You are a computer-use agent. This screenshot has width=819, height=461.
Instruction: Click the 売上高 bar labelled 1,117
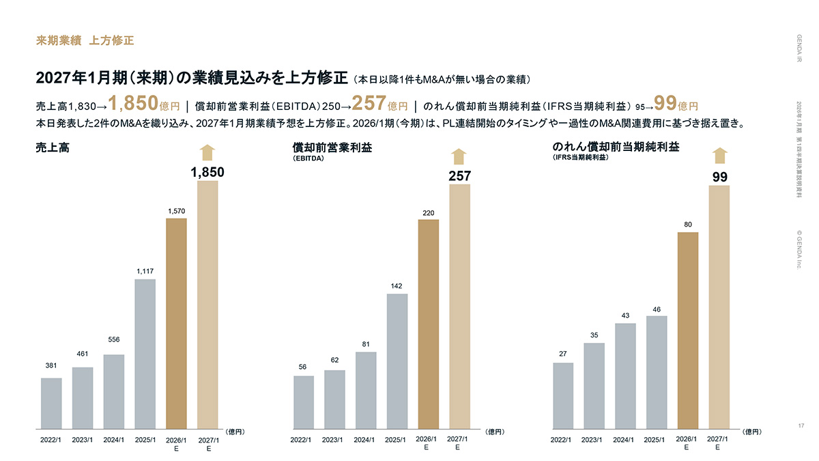coord(145,352)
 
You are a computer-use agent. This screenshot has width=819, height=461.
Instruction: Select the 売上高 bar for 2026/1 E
coord(176,322)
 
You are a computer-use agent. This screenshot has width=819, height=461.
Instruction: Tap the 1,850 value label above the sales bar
coord(207,173)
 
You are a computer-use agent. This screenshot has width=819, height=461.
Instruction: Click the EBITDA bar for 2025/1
coord(397,360)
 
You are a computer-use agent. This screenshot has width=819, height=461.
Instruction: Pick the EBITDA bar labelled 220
coord(429,322)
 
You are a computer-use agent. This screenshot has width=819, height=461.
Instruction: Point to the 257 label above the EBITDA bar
coord(459,176)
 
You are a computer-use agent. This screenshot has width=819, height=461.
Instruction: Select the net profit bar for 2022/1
coord(563,394)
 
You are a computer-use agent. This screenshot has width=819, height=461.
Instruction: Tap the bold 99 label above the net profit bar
coord(719,177)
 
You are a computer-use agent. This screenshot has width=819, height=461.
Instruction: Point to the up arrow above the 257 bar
coord(459,156)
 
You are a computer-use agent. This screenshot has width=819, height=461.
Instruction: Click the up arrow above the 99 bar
coord(719,156)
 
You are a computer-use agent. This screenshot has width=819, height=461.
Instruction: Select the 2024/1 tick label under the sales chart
coord(113,440)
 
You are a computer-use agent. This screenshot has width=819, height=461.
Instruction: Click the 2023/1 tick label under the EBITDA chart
coord(332,440)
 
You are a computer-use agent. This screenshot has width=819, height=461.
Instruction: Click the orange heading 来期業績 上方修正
coord(85,40)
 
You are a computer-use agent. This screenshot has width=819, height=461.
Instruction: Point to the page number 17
coord(801,425)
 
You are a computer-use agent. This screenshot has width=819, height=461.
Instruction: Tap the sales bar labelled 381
coord(51,402)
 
